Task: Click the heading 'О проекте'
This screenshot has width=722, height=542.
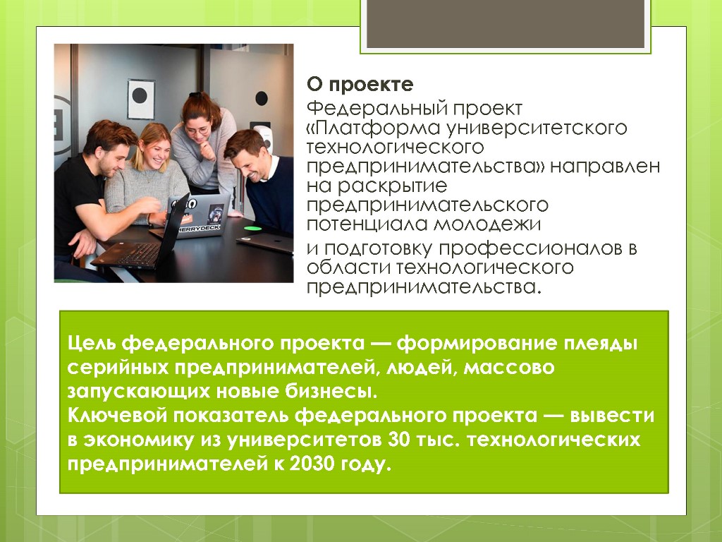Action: (x=360, y=85)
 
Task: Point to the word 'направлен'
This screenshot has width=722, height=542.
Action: (x=605, y=167)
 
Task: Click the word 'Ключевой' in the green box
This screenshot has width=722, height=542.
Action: (x=117, y=416)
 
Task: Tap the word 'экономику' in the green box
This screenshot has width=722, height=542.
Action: (x=138, y=440)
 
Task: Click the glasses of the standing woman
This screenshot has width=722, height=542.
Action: (x=199, y=131)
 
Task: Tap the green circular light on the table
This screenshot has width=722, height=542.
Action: (x=252, y=228)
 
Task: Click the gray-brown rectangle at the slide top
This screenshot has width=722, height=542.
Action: (x=505, y=23)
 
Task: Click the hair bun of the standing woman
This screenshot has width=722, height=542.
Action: (x=195, y=95)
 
